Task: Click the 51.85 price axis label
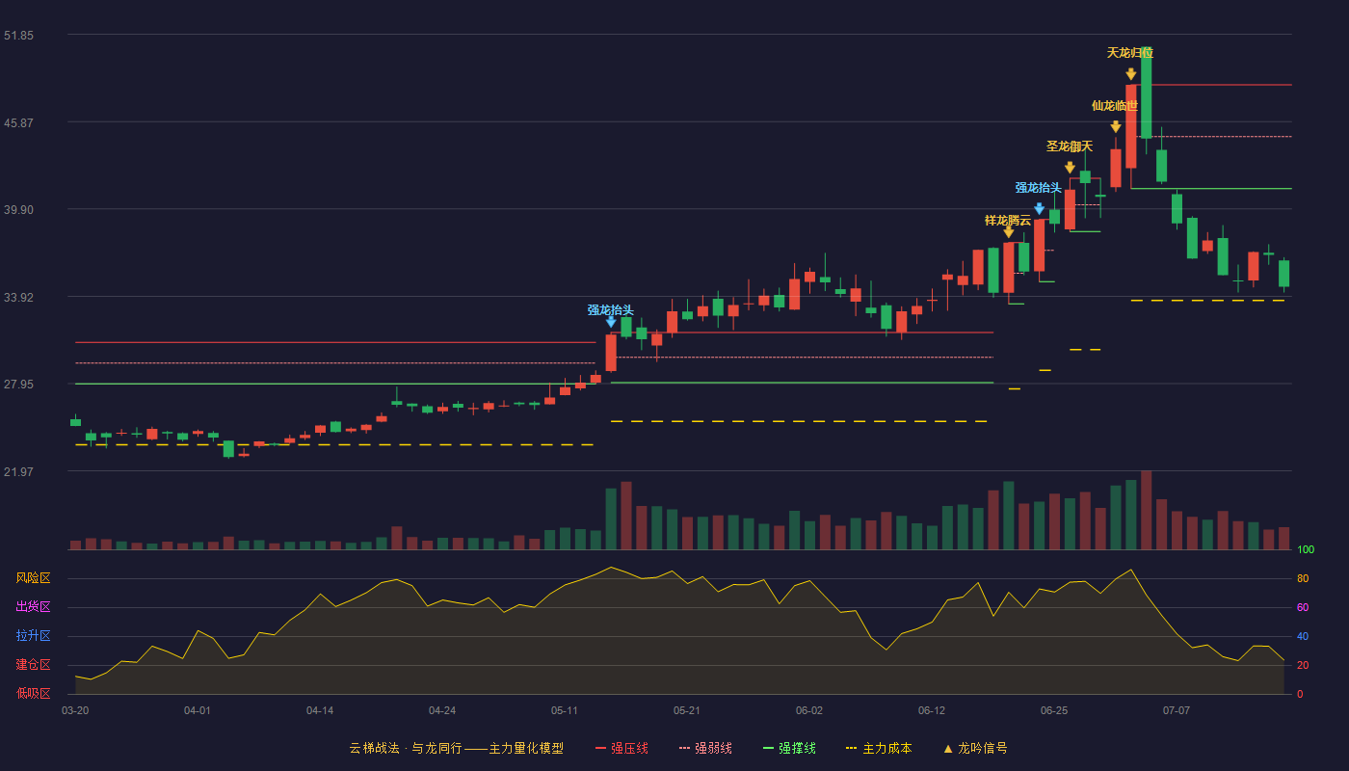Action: (x=18, y=36)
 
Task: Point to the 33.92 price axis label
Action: (x=18, y=298)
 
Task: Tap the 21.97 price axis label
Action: (x=18, y=471)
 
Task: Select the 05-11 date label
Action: (x=565, y=711)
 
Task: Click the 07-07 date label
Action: (x=1177, y=711)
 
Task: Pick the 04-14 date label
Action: (x=320, y=711)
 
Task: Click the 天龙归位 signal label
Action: (x=1129, y=53)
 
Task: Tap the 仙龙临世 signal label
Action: (x=1115, y=106)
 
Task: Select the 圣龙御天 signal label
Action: (x=1069, y=146)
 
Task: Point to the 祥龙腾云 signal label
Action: (x=1008, y=221)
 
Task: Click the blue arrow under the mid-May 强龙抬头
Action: (x=611, y=322)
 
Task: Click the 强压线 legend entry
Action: (x=622, y=748)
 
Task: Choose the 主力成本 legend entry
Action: (x=879, y=748)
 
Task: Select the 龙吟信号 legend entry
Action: (x=975, y=748)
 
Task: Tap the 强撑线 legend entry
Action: (x=789, y=748)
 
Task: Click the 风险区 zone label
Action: (x=33, y=578)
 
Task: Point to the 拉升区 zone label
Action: (x=33, y=636)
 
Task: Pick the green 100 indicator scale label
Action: (x=1306, y=549)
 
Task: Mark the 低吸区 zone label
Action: (x=33, y=694)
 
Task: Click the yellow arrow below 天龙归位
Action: (x=1131, y=74)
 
